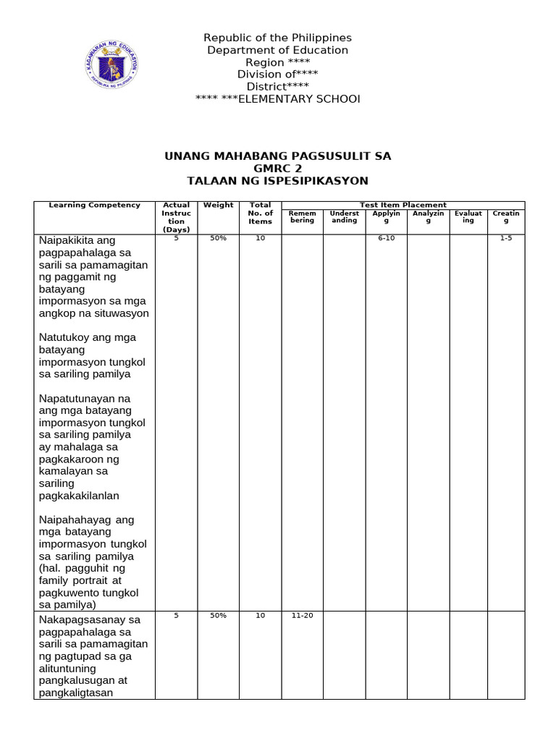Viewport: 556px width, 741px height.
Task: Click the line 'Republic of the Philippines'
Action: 277,38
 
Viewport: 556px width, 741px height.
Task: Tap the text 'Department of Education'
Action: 277,50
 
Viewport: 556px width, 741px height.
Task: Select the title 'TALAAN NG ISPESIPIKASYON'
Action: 277,180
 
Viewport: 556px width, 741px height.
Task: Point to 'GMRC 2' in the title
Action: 277,168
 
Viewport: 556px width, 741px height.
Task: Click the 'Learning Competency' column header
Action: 94,206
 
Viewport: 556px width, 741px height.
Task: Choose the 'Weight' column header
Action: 218,206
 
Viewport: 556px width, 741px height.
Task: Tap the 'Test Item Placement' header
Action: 403,206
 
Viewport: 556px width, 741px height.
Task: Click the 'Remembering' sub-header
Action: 302,217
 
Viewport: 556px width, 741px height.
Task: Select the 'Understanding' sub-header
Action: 344,217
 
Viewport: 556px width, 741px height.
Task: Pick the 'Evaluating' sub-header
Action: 468,217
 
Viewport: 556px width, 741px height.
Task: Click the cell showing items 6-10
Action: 386,239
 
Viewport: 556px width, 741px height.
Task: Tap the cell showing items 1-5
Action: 505,239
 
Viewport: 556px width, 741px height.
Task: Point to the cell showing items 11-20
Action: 302,616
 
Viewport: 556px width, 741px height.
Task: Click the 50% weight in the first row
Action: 218,239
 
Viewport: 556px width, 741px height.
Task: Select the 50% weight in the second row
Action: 218,616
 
